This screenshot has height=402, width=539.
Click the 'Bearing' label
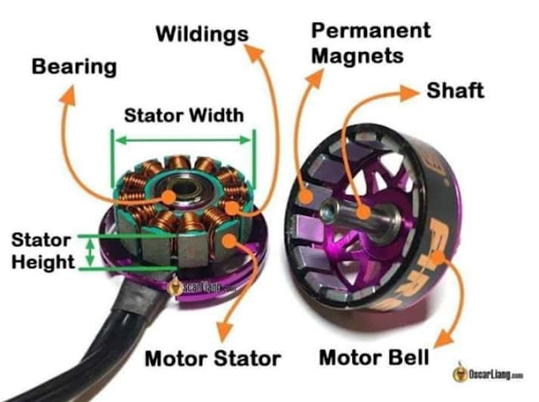pyautogui.click(x=73, y=66)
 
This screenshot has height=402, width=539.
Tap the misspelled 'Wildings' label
pyautogui.click(x=201, y=34)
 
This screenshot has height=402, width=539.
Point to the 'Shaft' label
pyautogui.click(x=455, y=90)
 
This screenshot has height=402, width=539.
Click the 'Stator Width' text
pyautogui.click(x=183, y=115)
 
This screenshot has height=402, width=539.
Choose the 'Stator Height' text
pyautogui.click(x=41, y=250)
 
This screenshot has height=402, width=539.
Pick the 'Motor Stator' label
pyautogui.click(x=212, y=359)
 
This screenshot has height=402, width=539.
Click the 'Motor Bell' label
pyautogui.click(x=374, y=357)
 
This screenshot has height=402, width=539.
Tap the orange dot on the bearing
pyautogui.click(x=170, y=196)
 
